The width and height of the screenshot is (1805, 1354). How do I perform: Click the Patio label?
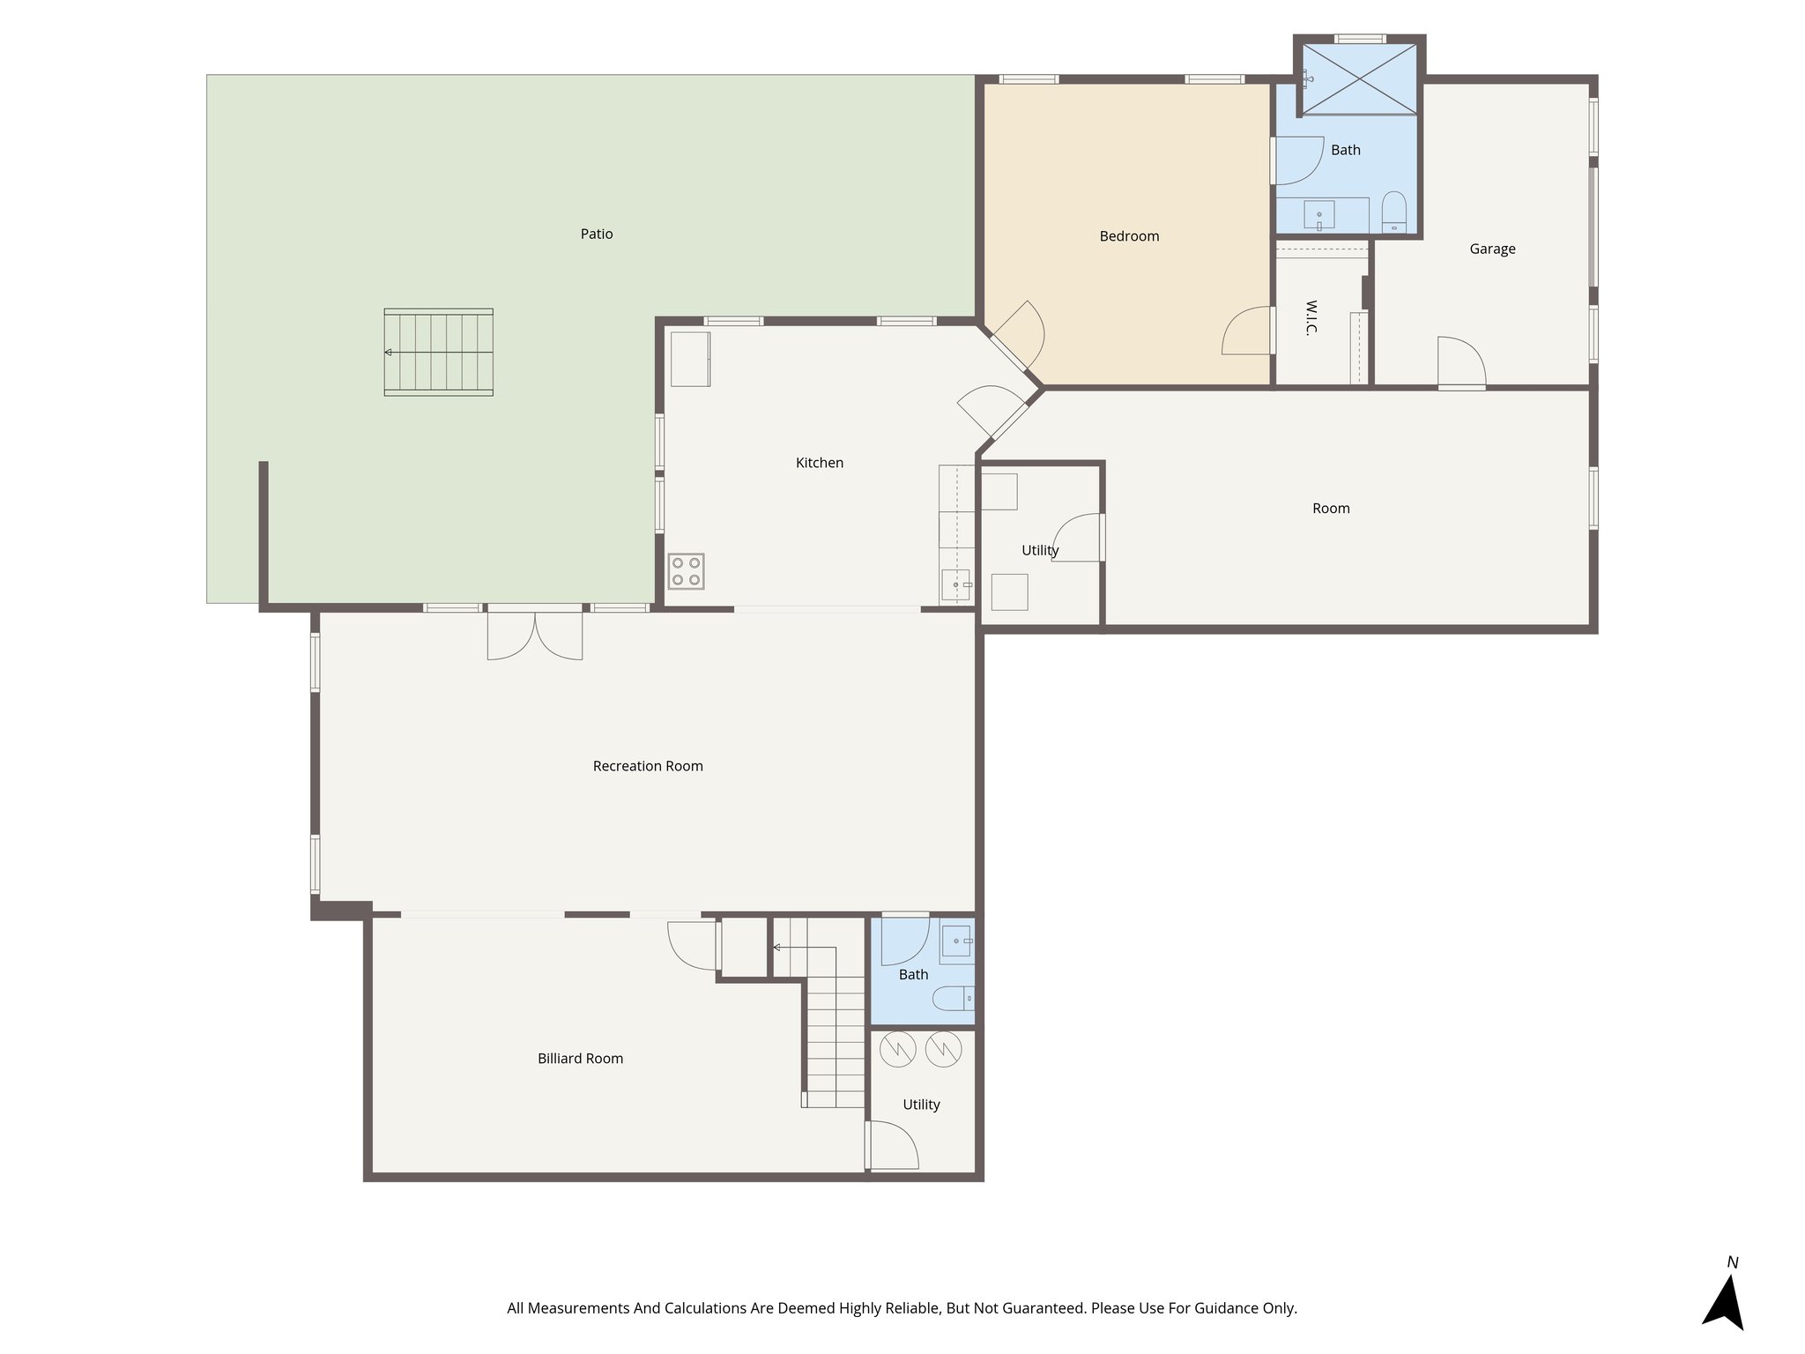(x=597, y=234)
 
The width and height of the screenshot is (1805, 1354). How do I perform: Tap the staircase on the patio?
(x=438, y=352)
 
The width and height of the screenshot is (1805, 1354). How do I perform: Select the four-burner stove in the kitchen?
(x=686, y=570)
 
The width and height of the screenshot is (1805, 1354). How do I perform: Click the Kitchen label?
(x=819, y=463)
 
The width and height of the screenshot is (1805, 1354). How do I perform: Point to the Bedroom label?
(x=1129, y=236)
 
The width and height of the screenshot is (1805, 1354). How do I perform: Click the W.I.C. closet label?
(x=1311, y=317)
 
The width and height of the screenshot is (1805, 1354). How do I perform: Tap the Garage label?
(x=1492, y=249)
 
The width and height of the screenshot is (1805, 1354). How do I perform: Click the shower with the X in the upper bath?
(x=1360, y=78)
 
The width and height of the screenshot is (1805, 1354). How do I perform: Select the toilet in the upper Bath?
(x=1393, y=212)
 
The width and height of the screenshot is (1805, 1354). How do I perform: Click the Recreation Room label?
(x=648, y=766)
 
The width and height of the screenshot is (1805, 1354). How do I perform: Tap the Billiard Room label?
(x=580, y=1059)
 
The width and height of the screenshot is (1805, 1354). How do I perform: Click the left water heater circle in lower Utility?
(x=898, y=1049)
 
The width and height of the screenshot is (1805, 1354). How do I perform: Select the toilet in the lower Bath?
(x=953, y=999)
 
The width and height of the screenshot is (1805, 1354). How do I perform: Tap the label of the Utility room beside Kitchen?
(x=1040, y=550)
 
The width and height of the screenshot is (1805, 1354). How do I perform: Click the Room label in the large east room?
(x=1331, y=509)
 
